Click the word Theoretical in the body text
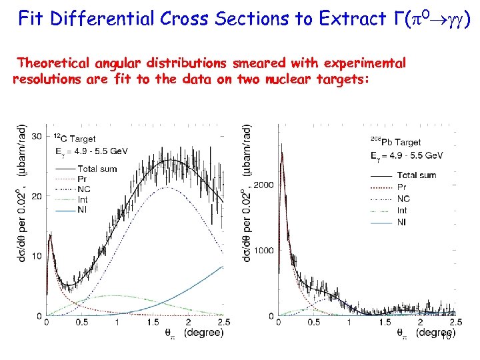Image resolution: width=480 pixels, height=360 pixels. pyautogui.click(x=55, y=63)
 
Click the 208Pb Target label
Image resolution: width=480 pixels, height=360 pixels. pyautogui.click(x=396, y=142)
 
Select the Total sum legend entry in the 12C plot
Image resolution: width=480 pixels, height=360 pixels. pyautogui.click(x=97, y=169)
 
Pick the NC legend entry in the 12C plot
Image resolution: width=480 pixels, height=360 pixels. pyautogui.click(x=84, y=189)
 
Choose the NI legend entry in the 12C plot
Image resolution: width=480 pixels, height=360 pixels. pyautogui.click(x=83, y=210)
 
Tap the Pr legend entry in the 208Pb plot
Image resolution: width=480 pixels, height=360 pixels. pyautogui.click(x=401, y=187)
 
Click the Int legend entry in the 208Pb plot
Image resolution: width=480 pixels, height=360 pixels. pyautogui.click(x=402, y=211)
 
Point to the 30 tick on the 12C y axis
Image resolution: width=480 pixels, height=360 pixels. pyautogui.click(x=37, y=136)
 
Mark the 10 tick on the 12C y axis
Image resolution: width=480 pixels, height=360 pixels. pyautogui.click(x=37, y=256)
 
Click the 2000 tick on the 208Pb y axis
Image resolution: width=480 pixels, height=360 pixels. pyautogui.click(x=263, y=185)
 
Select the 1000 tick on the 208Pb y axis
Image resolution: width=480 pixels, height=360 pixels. pyautogui.click(x=263, y=251)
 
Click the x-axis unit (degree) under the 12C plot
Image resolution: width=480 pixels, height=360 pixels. pyautogui.click(x=203, y=332)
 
